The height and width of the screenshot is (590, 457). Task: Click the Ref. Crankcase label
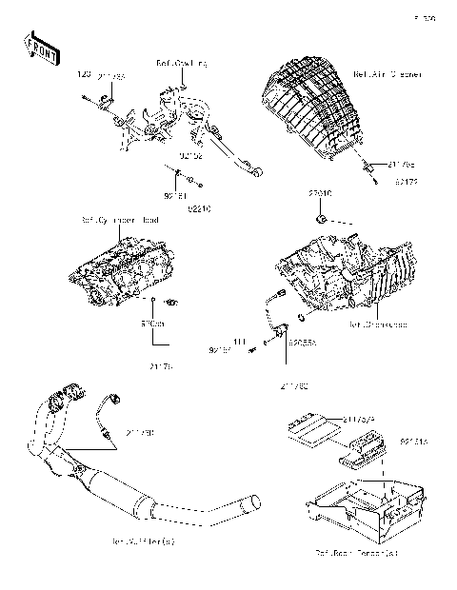pos(378,324)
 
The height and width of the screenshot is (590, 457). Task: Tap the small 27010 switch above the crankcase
pos(324,221)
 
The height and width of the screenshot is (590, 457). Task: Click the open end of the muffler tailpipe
pos(254,501)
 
